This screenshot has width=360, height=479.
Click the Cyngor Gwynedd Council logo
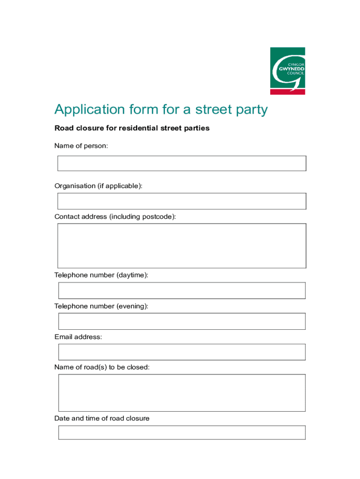287,71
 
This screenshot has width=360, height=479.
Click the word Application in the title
86,109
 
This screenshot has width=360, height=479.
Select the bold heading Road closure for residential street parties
132,128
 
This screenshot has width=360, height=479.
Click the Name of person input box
181,163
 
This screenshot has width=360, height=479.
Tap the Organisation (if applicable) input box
181,201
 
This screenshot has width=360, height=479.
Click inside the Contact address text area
181,246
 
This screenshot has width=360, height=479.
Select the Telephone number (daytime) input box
181,290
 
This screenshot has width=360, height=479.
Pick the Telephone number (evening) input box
181,321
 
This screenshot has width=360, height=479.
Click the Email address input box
181,352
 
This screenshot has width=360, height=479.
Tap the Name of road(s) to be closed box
181,393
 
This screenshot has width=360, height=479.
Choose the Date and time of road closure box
181,433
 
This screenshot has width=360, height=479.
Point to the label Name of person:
81,146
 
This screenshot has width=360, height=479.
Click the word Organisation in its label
75,186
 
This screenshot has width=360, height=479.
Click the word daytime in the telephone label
132,275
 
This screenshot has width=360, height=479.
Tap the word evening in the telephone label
132,306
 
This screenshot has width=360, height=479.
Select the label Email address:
78,337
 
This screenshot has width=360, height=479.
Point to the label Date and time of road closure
101,418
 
